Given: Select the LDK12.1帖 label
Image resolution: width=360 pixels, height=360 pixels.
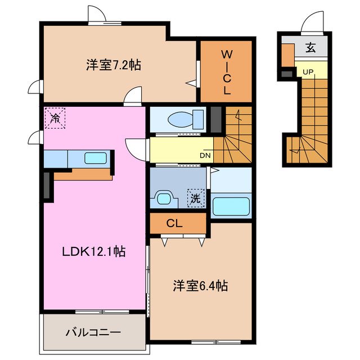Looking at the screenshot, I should coord(93,252).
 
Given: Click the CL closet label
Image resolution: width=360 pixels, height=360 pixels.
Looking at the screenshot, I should coord(174,223).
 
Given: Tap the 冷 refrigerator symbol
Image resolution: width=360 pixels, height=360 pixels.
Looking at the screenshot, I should coord(55,118).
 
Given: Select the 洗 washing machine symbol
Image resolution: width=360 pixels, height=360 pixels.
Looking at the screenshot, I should coord(195,198).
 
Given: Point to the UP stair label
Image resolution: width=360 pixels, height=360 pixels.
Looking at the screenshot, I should coord(308,72).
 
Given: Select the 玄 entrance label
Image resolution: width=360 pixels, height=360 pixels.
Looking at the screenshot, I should coord(310,48).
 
